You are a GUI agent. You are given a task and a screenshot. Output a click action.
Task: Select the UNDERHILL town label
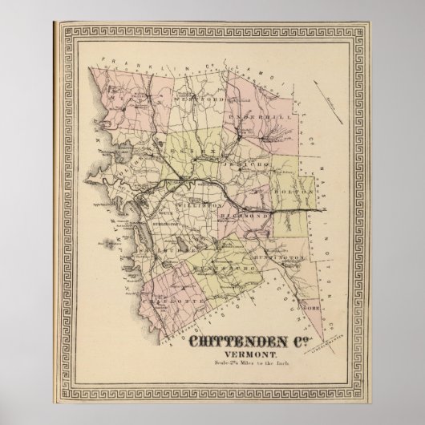(249, 118)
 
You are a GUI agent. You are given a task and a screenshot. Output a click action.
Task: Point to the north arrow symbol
(330, 99)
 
